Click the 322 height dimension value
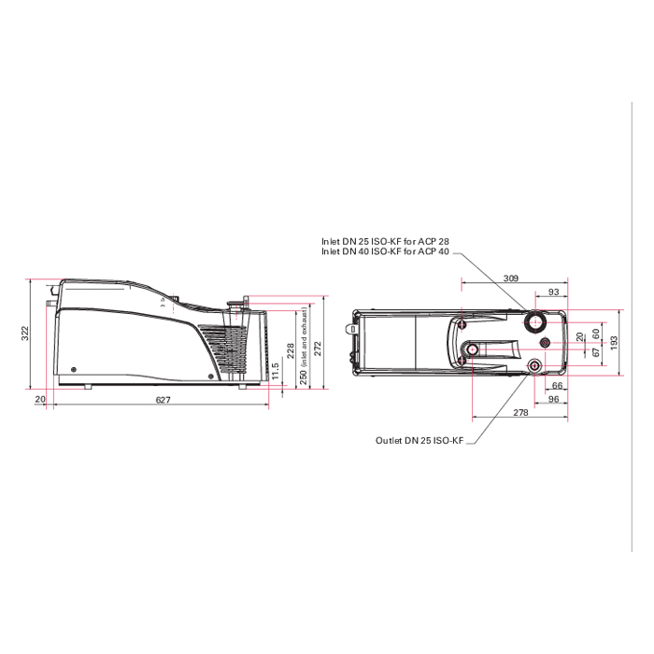(26, 333)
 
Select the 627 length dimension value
(163, 400)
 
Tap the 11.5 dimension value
(275, 371)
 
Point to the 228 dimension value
(291, 350)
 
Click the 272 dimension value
(318, 348)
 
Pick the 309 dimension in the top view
(510, 278)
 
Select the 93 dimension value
(553, 291)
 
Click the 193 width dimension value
(614, 343)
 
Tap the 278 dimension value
(520, 412)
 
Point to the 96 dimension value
(553, 399)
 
